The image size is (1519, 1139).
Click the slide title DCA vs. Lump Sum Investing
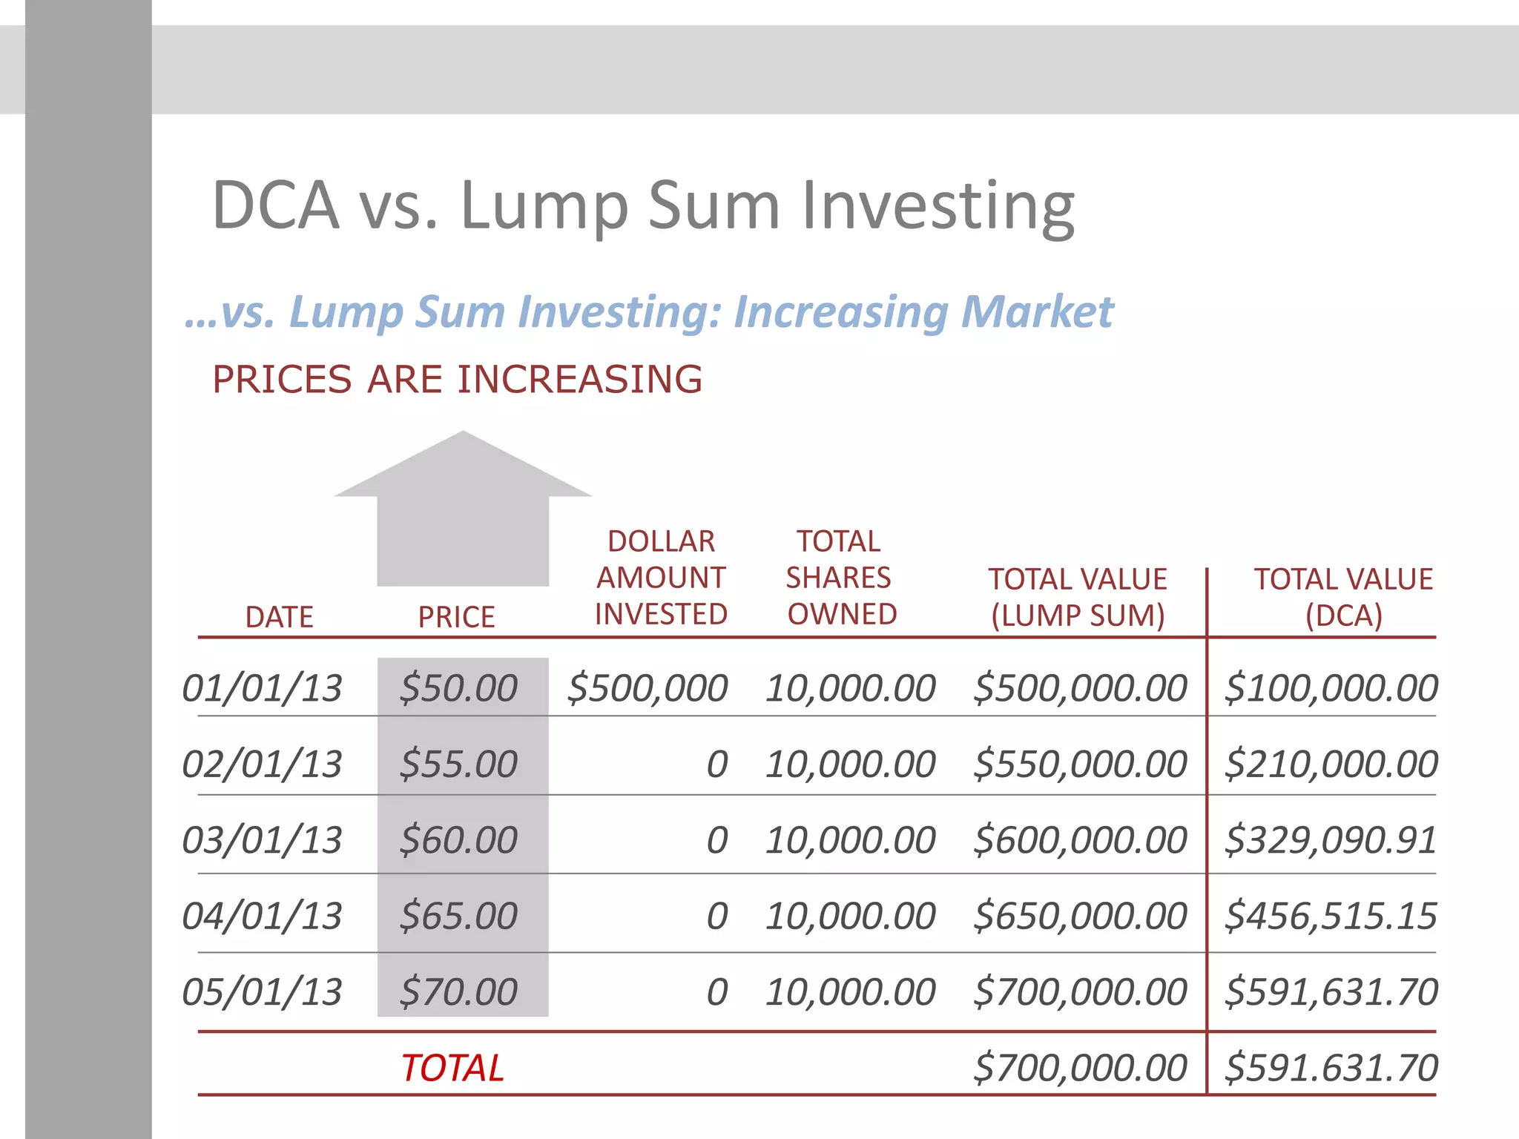pyautogui.click(x=642, y=205)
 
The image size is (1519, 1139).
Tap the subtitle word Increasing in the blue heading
pyautogui.click(x=840, y=311)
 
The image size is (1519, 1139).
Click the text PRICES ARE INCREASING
pyautogui.click(x=457, y=380)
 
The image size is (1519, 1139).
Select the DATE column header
pyautogui.click(x=279, y=617)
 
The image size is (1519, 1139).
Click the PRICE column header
pyautogui.click(x=456, y=617)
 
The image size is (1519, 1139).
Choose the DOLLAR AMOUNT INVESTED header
pyautogui.click(x=661, y=578)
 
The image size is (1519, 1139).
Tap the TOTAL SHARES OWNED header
pyautogui.click(x=840, y=578)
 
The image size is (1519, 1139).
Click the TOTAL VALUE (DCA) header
pyautogui.click(x=1343, y=597)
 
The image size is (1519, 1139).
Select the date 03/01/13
pyautogui.click(x=262, y=840)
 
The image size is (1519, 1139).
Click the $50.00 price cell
pyautogui.click(x=458, y=688)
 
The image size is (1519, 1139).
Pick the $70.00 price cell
pyautogui.click(x=458, y=992)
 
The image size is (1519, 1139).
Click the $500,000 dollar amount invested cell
pyautogui.click(x=647, y=688)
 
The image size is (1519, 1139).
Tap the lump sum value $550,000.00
pyautogui.click(x=1080, y=765)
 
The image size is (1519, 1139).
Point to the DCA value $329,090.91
pyautogui.click(x=1331, y=840)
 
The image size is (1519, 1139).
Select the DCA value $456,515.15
pyautogui.click(x=1331, y=917)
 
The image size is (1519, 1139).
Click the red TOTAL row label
pyautogui.click(x=452, y=1069)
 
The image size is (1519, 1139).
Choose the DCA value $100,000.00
pyautogui.click(x=1331, y=688)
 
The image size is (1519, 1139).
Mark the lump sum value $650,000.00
pyautogui.click(x=1080, y=917)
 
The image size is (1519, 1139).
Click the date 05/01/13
pyautogui.click(x=262, y=992)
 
